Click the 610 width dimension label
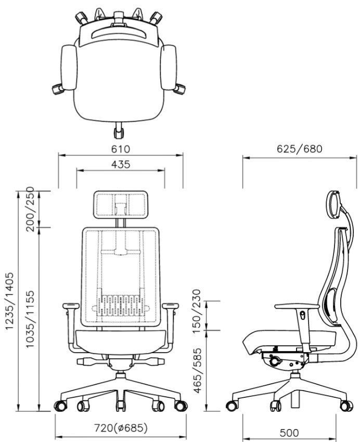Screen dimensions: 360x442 (121, 149)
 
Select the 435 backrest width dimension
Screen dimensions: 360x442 (121, 164)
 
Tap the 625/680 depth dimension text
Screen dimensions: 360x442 (299, 149)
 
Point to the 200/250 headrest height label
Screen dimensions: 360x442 (30, 209)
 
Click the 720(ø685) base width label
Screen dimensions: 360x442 (121, 428)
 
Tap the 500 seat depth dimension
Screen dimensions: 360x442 (289, 433)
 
